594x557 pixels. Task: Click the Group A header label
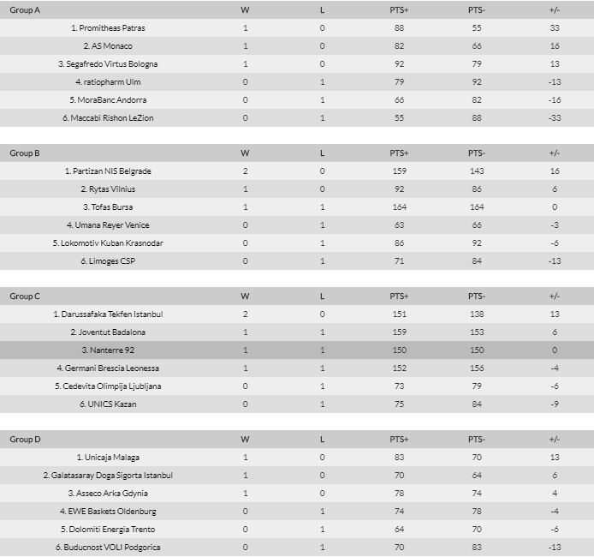click(25, 10)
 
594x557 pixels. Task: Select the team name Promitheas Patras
click(108, 28)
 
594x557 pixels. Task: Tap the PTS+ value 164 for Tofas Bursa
click(399, 207)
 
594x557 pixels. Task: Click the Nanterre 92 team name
click(108, 350)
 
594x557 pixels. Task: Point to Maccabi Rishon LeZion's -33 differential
click(555, 118)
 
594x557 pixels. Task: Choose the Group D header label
click(25, 440)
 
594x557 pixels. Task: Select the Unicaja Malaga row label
click(108, 458)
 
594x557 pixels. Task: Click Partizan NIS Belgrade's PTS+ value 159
click(399, 171)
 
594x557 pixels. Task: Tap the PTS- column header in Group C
click(476, 296)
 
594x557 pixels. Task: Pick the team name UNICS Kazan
click(108, 404)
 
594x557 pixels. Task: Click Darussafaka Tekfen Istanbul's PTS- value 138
click(476, 314)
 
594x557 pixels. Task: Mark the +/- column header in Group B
click(555, 153)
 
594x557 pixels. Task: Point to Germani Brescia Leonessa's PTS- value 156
click(476, 368)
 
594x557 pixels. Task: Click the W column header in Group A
click(245, 10)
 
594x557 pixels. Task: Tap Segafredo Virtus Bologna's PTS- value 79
click(476, 64)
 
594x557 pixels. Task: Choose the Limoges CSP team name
click(108, 261)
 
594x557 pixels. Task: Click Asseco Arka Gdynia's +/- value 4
click(555, 494)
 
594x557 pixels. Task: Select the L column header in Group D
click(322, 440)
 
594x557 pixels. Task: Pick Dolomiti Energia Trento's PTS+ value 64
click(399, 530)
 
